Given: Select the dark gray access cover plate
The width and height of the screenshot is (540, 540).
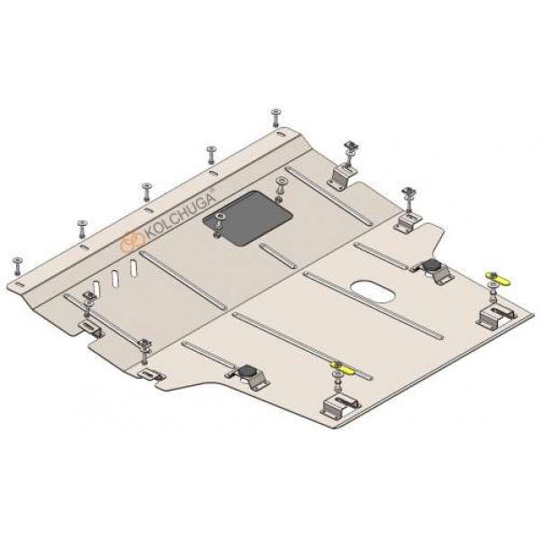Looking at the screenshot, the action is tap(248, 218).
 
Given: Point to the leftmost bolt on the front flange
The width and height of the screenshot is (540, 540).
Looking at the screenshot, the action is tap(16, 265).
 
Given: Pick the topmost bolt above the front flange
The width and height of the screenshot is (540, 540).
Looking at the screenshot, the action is tap(275, 117).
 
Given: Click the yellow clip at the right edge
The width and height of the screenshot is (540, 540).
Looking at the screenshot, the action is tap(499, 278).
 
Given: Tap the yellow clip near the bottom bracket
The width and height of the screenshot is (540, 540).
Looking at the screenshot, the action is tap(344, 368).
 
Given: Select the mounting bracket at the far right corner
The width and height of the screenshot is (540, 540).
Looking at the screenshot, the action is tap(496, 315).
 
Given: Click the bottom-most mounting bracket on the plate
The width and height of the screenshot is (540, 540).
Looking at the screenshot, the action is tap(340, 406).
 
